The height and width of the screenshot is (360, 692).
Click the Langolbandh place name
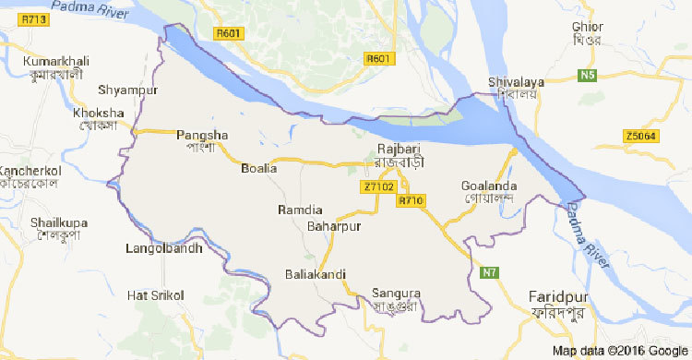161,248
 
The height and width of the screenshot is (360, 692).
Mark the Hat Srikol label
156,294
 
